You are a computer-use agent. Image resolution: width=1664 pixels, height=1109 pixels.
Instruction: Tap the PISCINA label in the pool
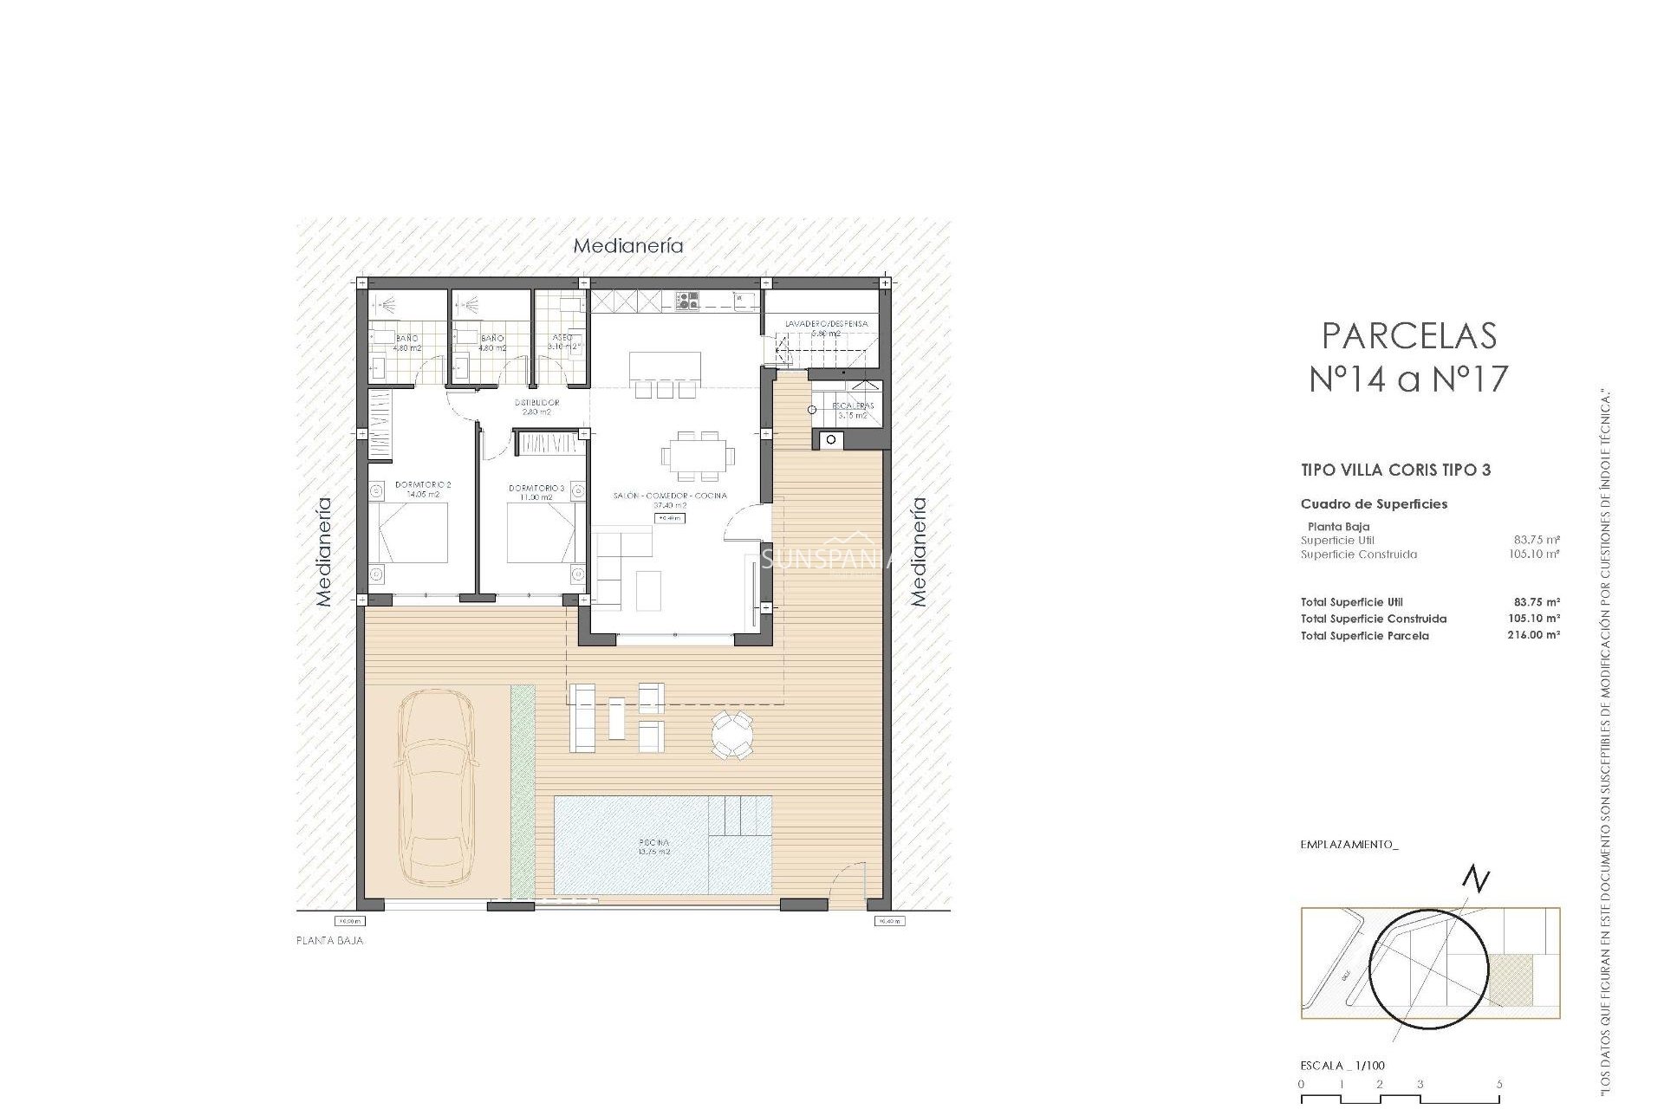(x=653, y=842)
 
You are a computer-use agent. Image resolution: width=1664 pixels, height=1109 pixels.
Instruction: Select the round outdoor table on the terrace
(x=732, y=736)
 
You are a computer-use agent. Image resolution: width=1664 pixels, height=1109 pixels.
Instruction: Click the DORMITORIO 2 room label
(x=423, y=485)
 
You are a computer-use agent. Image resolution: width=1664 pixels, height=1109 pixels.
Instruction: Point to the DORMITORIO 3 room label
(x=536, y=489)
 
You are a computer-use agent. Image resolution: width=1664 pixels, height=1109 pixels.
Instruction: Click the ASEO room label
(x=561, y=338)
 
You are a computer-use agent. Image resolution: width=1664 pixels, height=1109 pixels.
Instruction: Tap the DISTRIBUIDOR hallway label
(x=536, y=403)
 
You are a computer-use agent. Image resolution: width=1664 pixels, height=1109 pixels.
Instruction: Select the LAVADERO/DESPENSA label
(x=826, y=324)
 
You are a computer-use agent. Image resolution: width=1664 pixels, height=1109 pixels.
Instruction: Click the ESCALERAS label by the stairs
(x=853, y=405)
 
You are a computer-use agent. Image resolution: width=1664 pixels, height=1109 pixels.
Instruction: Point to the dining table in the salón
(x=697, y=455)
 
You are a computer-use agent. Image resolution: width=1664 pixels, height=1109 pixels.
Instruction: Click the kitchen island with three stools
(x=665, y=366)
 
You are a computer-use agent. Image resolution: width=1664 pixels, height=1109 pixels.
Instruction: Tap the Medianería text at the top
(x=628, y=246)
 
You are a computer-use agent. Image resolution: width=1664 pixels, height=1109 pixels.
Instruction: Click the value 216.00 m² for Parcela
(x=1533, y=635)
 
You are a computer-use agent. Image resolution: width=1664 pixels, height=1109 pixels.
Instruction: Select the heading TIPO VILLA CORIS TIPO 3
(x=1395, y=470)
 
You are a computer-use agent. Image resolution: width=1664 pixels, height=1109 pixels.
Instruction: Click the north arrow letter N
(x=1476, y=880)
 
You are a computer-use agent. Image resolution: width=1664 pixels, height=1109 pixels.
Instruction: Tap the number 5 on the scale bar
(x=1498, y=1084)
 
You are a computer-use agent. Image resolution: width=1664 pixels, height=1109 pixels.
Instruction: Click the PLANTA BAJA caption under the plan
(x=330, y=940)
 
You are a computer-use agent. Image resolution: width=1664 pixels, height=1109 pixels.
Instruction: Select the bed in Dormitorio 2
(x=413, y=533)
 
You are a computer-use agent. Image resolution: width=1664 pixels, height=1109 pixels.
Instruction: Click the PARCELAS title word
(x=1409, y=336)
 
